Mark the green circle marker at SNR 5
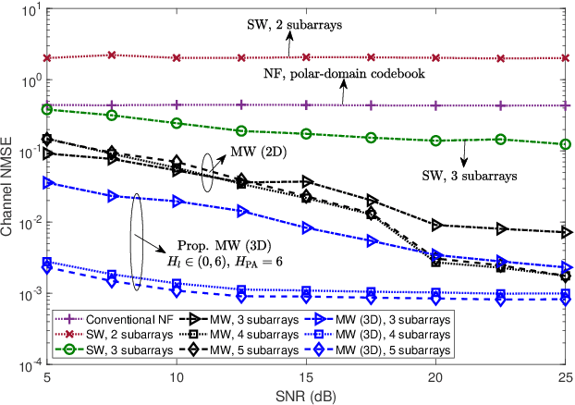(x=47, y=109)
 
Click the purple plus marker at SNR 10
(x=177, y=105)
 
